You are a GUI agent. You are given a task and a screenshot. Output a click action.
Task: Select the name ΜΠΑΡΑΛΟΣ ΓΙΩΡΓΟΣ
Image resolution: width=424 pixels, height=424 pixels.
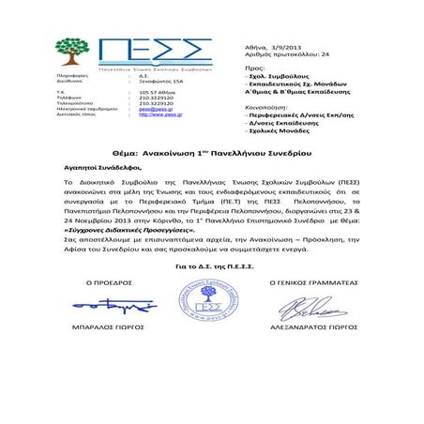[108, 330]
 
